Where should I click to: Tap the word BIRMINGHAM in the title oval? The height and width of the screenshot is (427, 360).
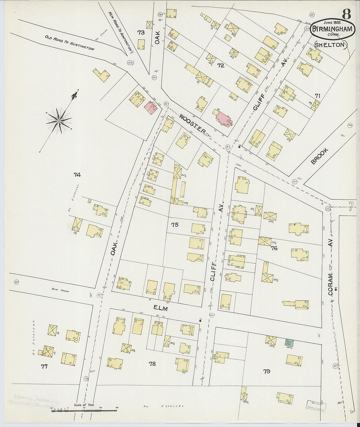pyautogui.click(x=332, y=29)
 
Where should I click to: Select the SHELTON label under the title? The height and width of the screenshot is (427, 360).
pyautogui.click(x=331, y=45)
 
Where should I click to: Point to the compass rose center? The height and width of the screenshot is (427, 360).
pyautogui.click(x=59, y=121)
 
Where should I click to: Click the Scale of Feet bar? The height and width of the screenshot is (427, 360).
pyautogui.click(x=84, y=410)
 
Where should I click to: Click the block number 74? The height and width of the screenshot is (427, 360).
pyautogui.click(x=77, y=175)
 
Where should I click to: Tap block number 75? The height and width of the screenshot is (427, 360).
pyautogui.click(x=175, y=225)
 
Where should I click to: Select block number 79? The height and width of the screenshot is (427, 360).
pyautogui.click(x=267, y=371)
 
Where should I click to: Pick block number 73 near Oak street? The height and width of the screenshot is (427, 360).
pyautogui.click(x=141, y=32)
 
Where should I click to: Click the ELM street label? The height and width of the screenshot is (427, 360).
pyautogui.click(x=160, y=309)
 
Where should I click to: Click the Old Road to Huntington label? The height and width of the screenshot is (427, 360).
pyautogui.click(x=69, y=43)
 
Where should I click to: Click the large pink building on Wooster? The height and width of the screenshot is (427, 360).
pyautogui.click(x=223, y=118)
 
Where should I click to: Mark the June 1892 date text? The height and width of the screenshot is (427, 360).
pyautogui.click(x=332, y=23)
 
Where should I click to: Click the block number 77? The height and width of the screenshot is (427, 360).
pyautogui.click(x=44, y=367)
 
